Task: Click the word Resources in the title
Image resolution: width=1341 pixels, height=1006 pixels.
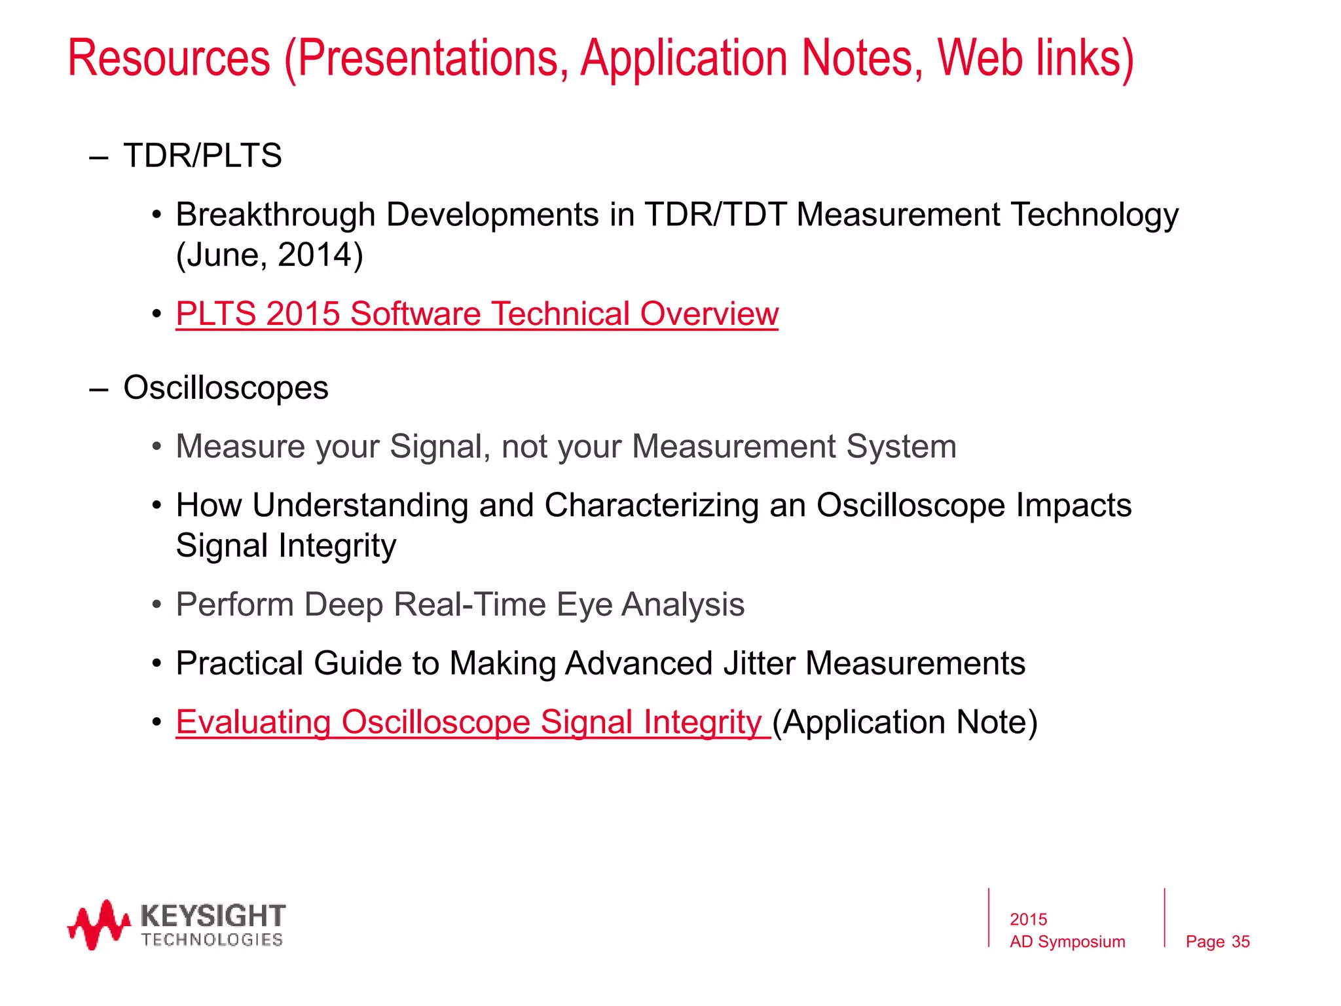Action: pos(169,59)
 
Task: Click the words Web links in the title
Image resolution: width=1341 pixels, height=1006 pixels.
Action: pos(1035,59)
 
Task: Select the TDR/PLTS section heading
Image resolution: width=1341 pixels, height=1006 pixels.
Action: pos(202,156)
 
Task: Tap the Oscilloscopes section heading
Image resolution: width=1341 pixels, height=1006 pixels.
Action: pos(226,388)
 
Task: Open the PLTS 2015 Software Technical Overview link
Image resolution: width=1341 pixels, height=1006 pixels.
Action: pos(477,314)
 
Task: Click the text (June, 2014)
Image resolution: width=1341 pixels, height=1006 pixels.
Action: pos(269,255)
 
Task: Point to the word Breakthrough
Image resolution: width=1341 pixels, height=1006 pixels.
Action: pos(275,215)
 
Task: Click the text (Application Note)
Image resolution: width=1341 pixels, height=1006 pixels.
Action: pos(905,722)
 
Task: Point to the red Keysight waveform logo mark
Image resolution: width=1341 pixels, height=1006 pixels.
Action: pos(98,925)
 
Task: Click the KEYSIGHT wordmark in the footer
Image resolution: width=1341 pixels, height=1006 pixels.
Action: pos(213,915)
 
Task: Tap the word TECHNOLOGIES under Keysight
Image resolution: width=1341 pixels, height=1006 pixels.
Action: pos(212,941)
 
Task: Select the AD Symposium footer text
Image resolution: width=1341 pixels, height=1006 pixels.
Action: pos(1067,942)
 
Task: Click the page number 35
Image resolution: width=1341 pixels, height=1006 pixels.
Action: pos(1240,942)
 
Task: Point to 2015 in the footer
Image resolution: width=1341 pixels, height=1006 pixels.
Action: pos(1028,920)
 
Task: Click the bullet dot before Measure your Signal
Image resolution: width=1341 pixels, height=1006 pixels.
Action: pos(156,447)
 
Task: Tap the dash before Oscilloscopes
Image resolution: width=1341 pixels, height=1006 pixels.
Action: pos(98,389)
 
